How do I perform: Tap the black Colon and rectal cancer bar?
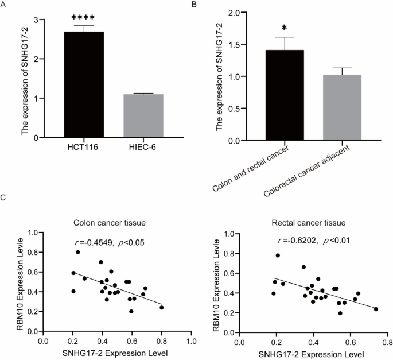point(285,95)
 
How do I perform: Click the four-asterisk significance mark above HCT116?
point(84,18)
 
